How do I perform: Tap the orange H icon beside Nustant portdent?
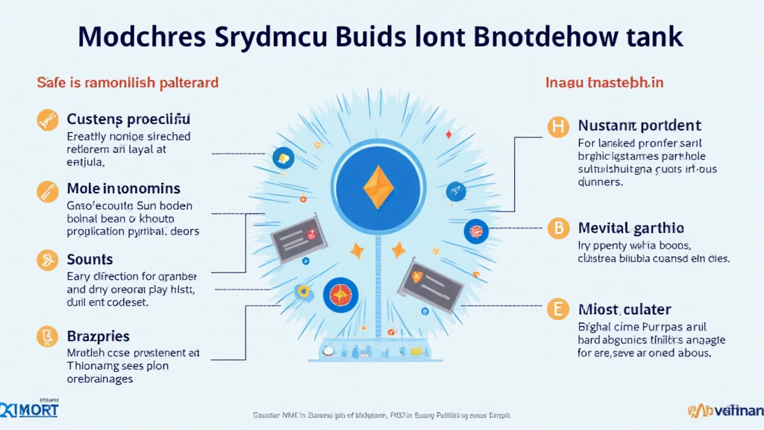[x=557, y=127]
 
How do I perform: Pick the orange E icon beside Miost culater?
[x=557, y=309]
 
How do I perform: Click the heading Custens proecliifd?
[x=128, y=119]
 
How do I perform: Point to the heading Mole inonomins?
[x=123, y=190]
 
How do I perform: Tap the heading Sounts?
[x=90, y=259]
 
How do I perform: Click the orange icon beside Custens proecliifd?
[x=46, y=119]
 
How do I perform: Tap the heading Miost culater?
[x=624, y=309]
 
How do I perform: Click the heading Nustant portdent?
[x=639, y=126]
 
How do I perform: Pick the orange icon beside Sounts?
[x=46, y=260]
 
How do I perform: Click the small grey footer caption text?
[x=382, y=415]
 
